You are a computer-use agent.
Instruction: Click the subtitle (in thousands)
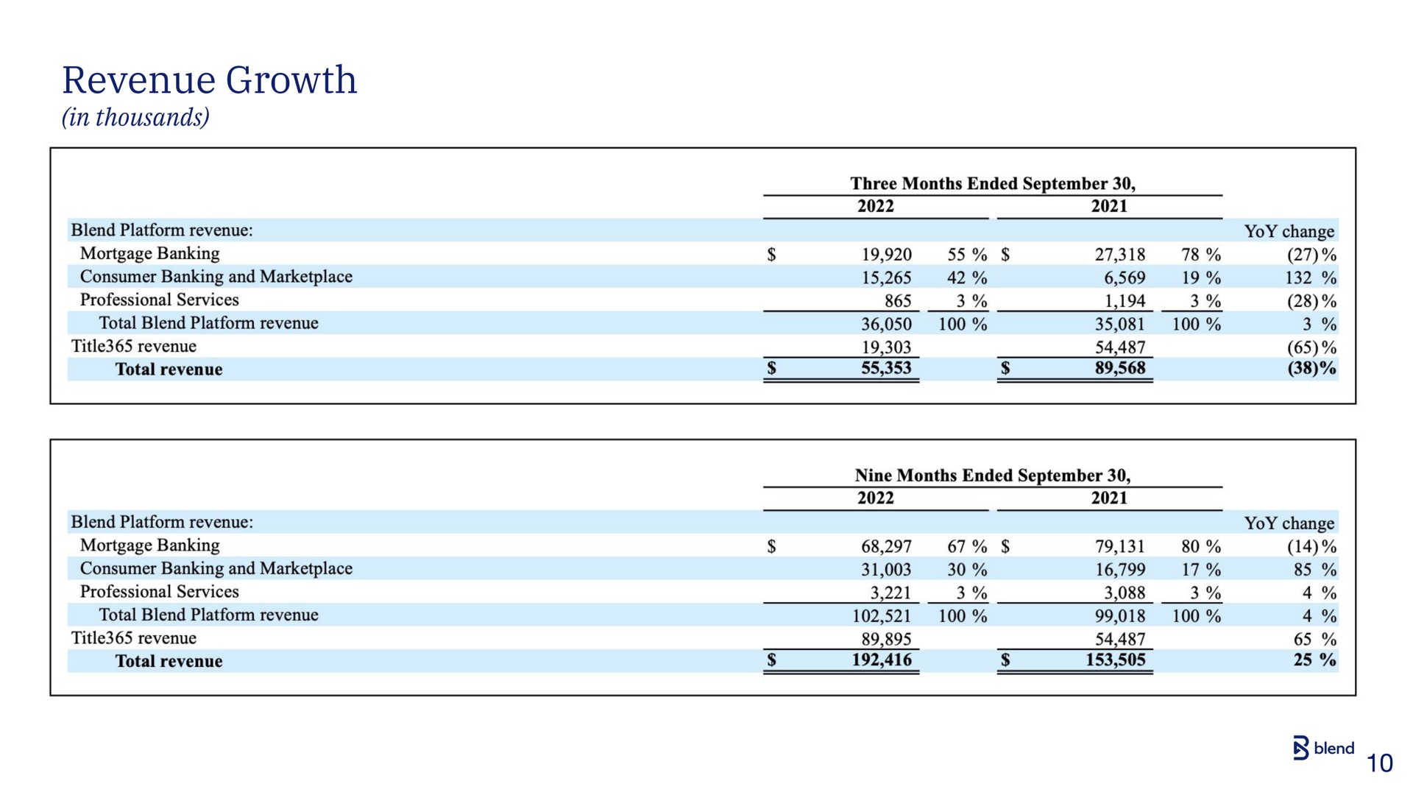[135, 118]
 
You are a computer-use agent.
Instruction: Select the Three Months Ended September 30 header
[993, 183]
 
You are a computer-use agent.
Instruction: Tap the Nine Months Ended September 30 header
[993, 476]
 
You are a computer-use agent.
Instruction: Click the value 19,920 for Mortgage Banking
[886, 255]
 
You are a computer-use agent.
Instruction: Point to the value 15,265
[886, 278]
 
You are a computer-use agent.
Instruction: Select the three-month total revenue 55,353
[886, 368]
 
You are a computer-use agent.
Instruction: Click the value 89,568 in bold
[1120, 368]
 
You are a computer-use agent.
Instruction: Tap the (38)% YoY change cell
[1311, 368]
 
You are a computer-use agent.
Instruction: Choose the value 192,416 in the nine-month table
[882, 660]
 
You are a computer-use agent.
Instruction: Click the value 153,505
[1116, 660]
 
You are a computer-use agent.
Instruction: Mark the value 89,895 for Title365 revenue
[886, 639]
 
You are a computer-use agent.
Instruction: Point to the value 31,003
[886, 570]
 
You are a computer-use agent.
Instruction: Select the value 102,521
[882, 616]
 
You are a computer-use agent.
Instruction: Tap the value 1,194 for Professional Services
[1125, 301]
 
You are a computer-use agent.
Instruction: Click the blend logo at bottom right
[1323, 748]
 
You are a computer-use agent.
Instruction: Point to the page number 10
[1380, 763]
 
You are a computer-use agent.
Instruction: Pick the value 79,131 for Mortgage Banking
[1120, 546]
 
